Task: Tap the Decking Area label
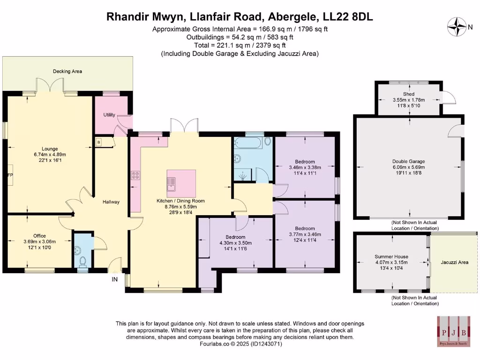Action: pyautogui.click(x=67, y=71)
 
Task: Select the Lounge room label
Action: pyautogui.click(x=50, y=149)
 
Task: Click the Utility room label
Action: pyautogui.click(x=109, y=115)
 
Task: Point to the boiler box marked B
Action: pyautogui.click(x=99, y=142)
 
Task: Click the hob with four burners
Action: pyautogui.click(x=136, y=176)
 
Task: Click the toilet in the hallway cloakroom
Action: pyautogui.click(x=82, y=261)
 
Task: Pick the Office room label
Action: pyautogui.click(x=39, y=236)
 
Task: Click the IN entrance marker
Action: pyautogui.click(x=114, y=279)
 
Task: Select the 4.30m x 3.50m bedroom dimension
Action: pyautogui.click(x=235, y=243)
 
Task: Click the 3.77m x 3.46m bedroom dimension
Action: pyautogui.click(x=304, y=235)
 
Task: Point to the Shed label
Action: pyautogui.click(x=409, y=94)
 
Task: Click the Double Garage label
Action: pyautogui.click(x=409, y=161)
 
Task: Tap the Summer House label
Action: pyautogui.click(x=391, y=256)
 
